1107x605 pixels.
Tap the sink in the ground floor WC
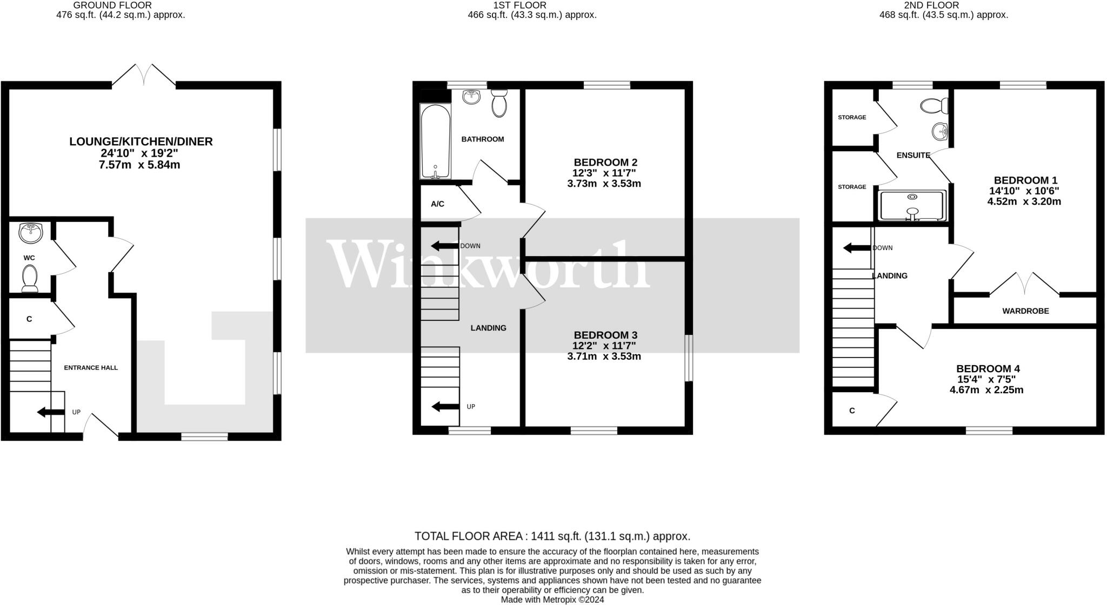pyautogui.click(x=30, y=233)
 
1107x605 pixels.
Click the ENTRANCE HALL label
pyautogui.click(x=91, y=368)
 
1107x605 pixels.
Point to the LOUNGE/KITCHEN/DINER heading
pyautogui.click(x=141, y=142)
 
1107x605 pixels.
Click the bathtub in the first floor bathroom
pyautogui.click(x=435, y=142)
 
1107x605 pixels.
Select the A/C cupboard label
pyautogui.click(x=437, y=204)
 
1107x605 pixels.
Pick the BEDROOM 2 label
pyautogui.click(x=605, y=162)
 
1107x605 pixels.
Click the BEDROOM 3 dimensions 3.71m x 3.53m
pyautogui.click(x=604, y=357)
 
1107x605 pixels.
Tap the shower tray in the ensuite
pyautogui.click(x=912, y=205)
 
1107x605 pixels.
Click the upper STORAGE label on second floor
pyautogui.click(x=852, y=117)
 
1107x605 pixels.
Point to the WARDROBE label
pyautogui.click(x=1025, y=311)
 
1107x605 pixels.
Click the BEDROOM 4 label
pyautogui.click(x=988, y=369)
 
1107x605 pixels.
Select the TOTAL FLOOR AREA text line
pyautogui.click(x=552, y=536)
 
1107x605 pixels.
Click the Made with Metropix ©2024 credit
pyautogui.click(x=552, y=600)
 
